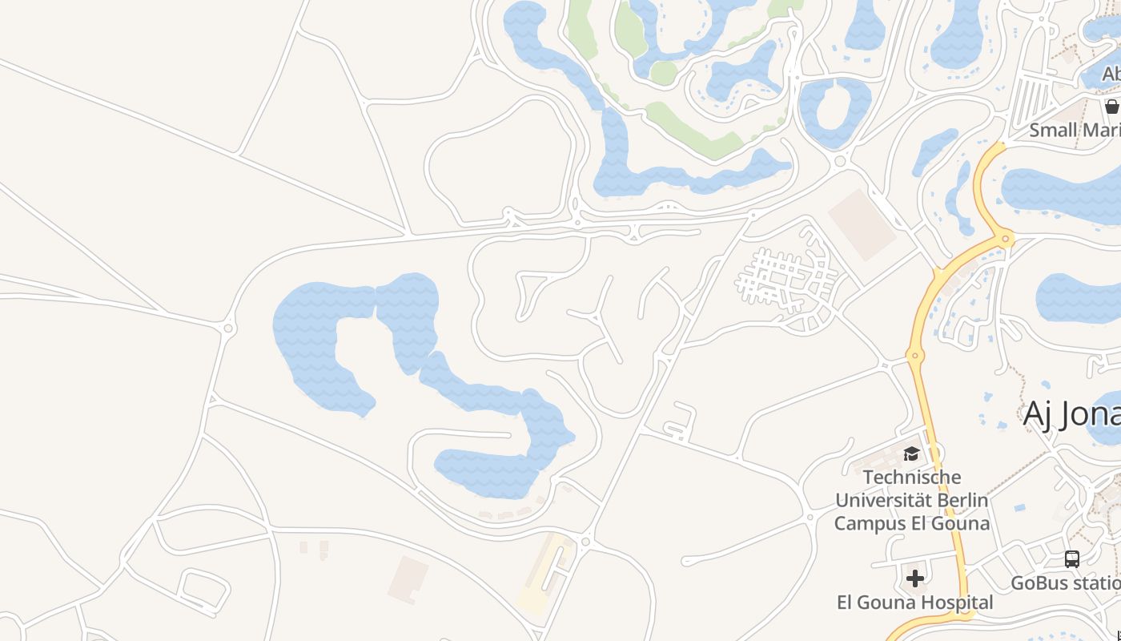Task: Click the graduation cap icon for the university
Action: click(911, 454)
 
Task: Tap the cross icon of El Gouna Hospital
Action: click(914, 579)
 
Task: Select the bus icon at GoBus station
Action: click(1072, 559)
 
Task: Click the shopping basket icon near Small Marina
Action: click(1111, 106)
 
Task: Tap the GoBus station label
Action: click(1065, 583)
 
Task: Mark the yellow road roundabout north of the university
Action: click(915, 354)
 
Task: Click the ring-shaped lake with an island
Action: click(834, 112)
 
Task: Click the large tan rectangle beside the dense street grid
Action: click(862, 224)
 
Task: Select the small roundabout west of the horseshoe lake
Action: click(228, 328)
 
